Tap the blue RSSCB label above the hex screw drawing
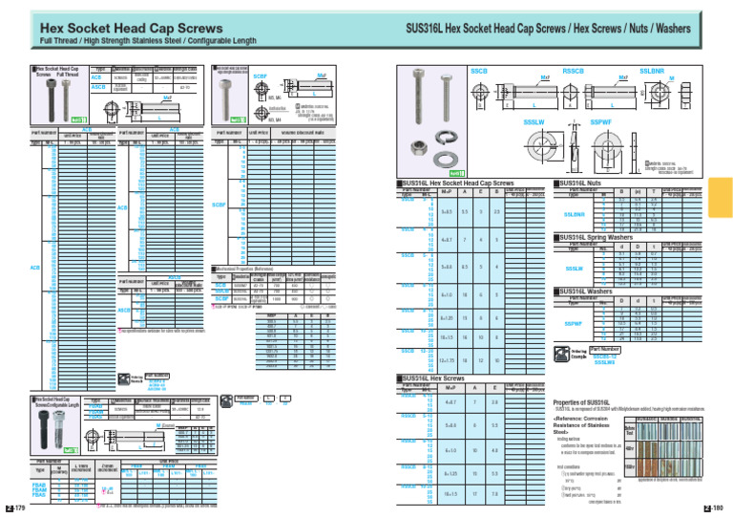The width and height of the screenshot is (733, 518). click(574, 71)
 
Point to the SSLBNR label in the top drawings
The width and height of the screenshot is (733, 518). click(652, 71)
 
